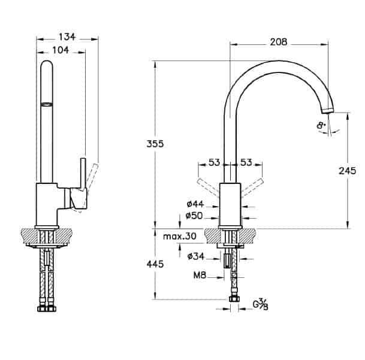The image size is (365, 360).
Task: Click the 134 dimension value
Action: point(67,37)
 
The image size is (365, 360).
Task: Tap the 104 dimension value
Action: point(61,50)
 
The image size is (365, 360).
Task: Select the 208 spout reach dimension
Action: point(279,42)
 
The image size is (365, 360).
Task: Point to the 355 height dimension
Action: point(155,144)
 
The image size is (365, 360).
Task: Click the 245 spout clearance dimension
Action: point(347,171)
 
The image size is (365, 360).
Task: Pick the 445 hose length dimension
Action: point(155,264)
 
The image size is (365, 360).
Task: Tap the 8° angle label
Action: point(321,126)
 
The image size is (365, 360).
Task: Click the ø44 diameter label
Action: point(195,204)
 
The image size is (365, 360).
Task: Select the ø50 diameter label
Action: point(194,216)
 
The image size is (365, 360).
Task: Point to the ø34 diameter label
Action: point(196,256)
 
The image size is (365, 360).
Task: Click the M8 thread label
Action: point(200,276)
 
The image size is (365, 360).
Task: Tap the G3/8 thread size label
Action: point(261,305)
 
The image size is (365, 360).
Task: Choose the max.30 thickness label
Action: point(180,237)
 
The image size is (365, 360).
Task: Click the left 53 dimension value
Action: point(214,162)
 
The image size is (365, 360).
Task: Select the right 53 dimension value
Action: point(246,162)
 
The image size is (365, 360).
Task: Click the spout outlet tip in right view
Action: point(328,111)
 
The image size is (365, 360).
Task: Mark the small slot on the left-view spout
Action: point(47,104)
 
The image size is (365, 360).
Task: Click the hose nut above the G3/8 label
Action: point(234,299)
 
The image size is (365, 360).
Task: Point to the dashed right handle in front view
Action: point(252,188)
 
